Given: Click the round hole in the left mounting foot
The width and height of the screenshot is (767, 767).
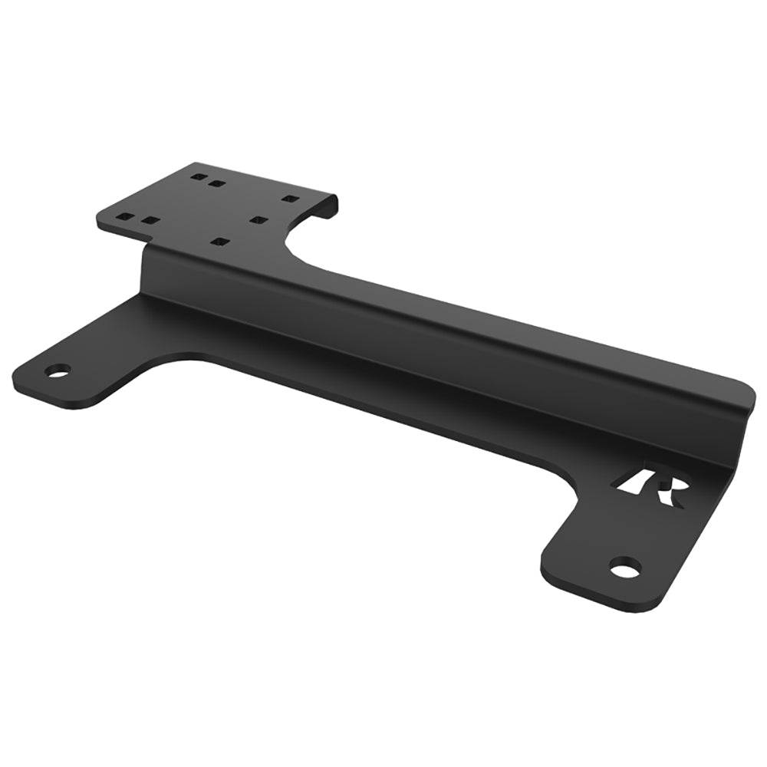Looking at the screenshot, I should [x=57, y=370].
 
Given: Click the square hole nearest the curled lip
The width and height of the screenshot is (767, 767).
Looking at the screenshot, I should [x=289, y=199].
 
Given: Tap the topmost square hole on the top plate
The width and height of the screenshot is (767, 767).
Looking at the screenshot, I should [x=198, y=177].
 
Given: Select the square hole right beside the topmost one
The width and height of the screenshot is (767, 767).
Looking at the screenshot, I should [x=217, y=184].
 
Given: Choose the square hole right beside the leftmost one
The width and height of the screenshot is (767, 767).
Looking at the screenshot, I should [x=150, y=221].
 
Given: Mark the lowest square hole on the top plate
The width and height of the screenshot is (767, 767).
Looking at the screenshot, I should [x=221, y=242].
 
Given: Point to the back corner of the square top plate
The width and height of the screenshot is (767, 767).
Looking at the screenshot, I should [x=195, y=163].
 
